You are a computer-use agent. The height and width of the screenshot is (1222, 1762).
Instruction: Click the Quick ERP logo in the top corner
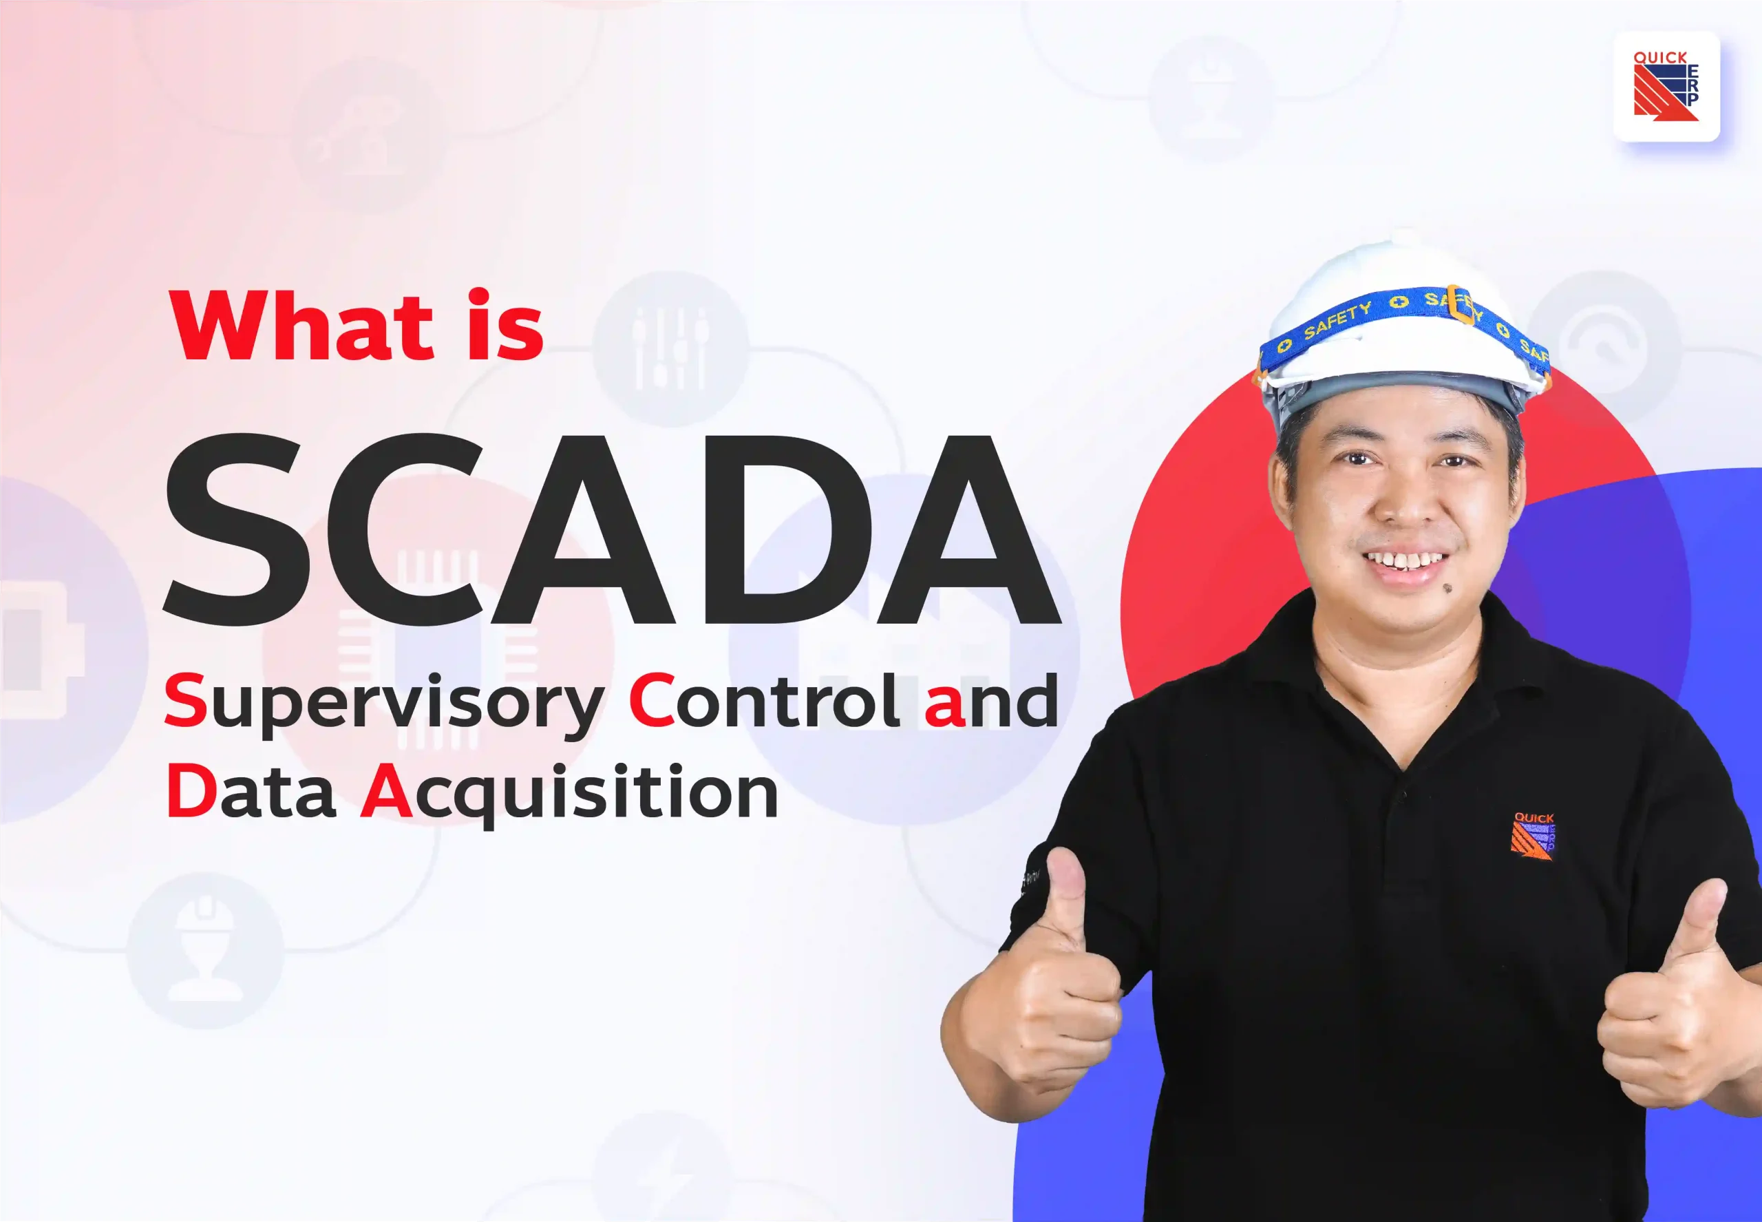pos(1666,86)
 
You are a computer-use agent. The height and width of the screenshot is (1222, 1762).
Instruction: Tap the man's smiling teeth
pos(1405,561)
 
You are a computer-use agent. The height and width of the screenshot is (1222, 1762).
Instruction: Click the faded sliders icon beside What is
pos(670,348)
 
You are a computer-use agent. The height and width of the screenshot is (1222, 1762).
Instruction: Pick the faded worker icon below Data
pos(205,949)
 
